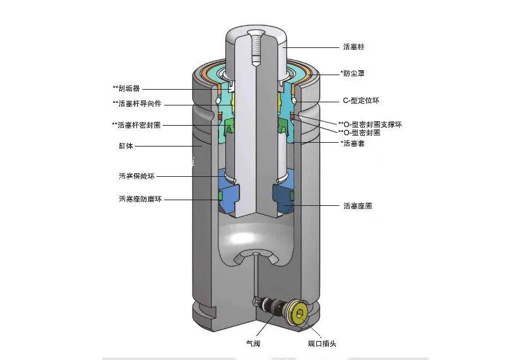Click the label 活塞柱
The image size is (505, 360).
pos(355,47)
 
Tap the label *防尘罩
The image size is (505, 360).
pos(352,73)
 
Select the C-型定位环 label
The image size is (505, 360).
pos(360,101)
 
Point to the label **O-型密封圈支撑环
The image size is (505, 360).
pos(370,124)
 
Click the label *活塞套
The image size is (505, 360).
pos(352,143)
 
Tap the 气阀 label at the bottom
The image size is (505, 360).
pos(253,344)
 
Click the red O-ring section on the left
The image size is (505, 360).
pos(220,117)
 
